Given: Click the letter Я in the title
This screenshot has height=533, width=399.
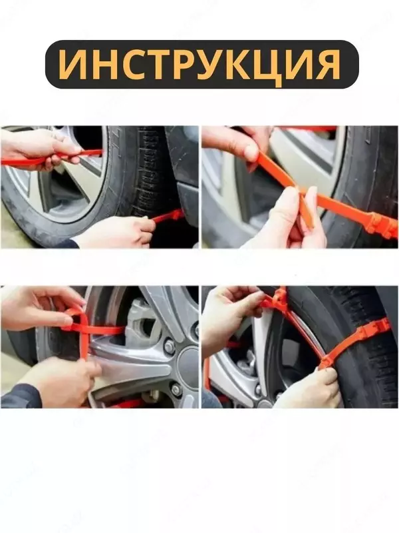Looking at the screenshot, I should [326, 65].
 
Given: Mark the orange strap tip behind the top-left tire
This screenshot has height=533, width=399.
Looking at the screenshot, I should [170, 215].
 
